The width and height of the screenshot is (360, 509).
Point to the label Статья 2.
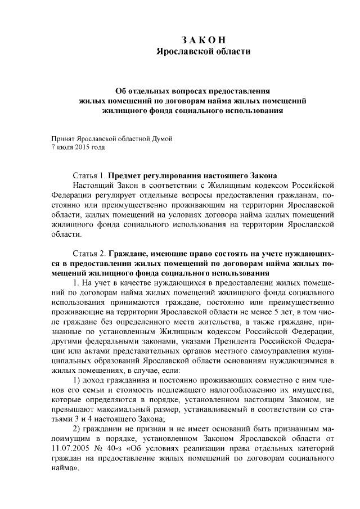click(x=89, y=253)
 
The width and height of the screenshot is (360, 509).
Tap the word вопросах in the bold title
click(x=187, y=91)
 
